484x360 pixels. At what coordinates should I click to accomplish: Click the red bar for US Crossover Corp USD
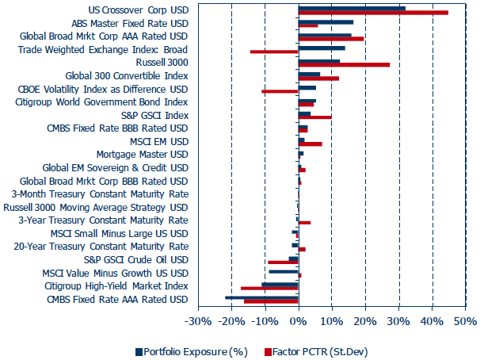pyautogui.click(x=372, y=13)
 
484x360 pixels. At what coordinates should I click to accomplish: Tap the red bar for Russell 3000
pyautogui.click(x=344, y=64)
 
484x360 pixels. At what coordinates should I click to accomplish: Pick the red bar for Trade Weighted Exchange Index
pyautogui.click(x=274, y=52)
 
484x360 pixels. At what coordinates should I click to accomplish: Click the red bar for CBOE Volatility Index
pyautogui.click(x=280, y=90)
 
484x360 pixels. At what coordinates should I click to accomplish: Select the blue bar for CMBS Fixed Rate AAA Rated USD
pyautogui.click(x=261, y=297)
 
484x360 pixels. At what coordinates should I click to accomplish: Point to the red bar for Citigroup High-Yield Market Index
pyautogui.click(x=269, y=288)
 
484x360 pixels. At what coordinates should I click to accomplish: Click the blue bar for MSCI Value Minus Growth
pyautogui.click(x=283, y=271)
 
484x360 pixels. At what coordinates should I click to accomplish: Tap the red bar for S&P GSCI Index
pyautogui.click(x=314, y=117)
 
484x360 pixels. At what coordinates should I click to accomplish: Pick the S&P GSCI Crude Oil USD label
pyautogui.click(x=135, y=259)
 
